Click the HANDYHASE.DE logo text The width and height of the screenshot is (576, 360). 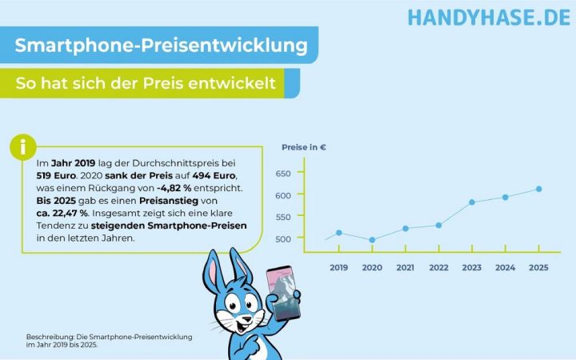coord(489,17)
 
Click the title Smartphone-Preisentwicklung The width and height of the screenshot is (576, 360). coord(162,46)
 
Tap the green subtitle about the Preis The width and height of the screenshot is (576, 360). coord(146,82)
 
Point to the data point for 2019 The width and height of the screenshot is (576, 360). coord(339,233)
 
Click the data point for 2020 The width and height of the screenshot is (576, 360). coord(372,240)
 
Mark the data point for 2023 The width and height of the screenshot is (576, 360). coord(472,202)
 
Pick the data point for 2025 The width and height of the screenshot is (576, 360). coord(538,189)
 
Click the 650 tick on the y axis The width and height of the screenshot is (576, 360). coord(284,173)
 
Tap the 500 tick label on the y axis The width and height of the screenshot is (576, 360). coord(284,239)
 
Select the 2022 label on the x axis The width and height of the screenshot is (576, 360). coord(438,267)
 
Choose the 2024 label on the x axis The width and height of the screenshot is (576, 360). coord(505,267)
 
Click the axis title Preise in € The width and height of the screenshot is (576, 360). coord(304,147)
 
